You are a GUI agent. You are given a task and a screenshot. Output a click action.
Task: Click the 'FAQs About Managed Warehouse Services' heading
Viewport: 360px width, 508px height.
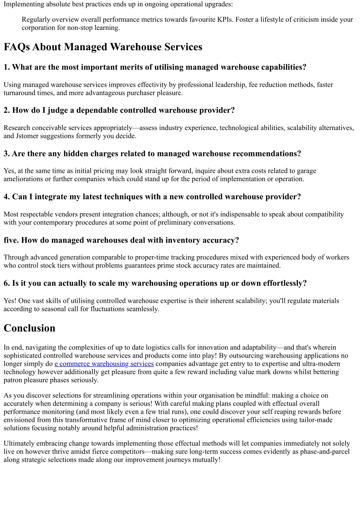(x=103, y=47)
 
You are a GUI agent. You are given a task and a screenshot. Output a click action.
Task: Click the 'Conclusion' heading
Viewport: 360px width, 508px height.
(x=30, y=328)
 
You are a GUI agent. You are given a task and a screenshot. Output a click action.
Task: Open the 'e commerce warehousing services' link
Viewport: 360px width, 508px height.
(x=104, y=364)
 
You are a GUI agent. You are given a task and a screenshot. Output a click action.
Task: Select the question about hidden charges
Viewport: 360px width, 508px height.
(x=152, y=154)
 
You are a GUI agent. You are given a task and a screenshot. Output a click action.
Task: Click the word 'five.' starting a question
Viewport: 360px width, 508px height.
(x=11, y=240)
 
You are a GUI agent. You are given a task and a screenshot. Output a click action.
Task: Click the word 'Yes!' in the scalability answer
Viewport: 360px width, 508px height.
(x=10, y=301)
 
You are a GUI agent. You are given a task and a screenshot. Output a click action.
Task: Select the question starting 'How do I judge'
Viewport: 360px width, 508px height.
(x=119, y=110)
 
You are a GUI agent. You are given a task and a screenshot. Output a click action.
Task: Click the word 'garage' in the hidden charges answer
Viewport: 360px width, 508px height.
(x=307, y=171)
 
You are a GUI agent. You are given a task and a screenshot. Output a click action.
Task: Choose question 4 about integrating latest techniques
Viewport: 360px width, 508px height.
(x=152, y=197)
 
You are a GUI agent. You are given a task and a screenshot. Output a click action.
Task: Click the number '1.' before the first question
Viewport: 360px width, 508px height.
(x=7, y=67)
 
